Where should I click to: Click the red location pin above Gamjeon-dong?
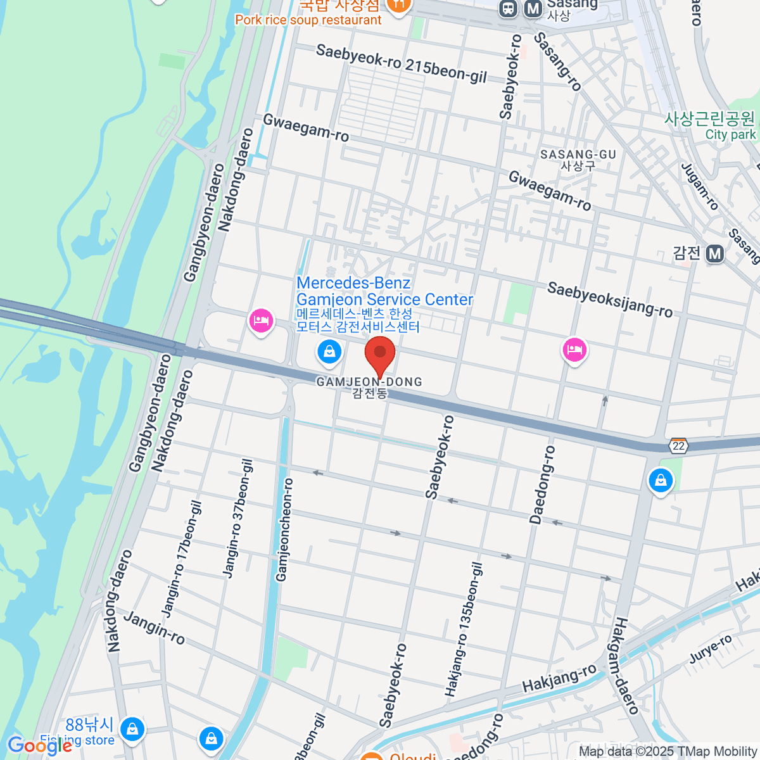(x=380, y=355)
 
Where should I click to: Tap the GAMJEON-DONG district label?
(x=369, y=383)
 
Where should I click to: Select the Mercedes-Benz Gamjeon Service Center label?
(x=384, y=292)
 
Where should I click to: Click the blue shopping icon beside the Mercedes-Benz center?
(x=329, y=351)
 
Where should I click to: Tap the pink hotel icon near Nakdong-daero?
(x=261, y=321)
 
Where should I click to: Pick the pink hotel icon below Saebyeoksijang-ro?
(x=574, y=350)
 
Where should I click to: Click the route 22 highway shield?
(x=679, y=446)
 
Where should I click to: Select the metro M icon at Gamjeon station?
(x=715, y=254)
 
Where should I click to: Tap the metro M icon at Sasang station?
(x=534, y=8)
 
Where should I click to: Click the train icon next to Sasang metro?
(x=508, y=8)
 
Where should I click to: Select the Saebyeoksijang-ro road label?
(x=610, y=300)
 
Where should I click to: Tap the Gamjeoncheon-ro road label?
(x=285, y=529)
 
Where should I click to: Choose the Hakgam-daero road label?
(x=624, y=665)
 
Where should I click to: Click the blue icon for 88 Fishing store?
(x=132, y=729)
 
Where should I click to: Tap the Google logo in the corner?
(x=39, y=745)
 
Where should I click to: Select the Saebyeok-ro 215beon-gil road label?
(x=402, y=63)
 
